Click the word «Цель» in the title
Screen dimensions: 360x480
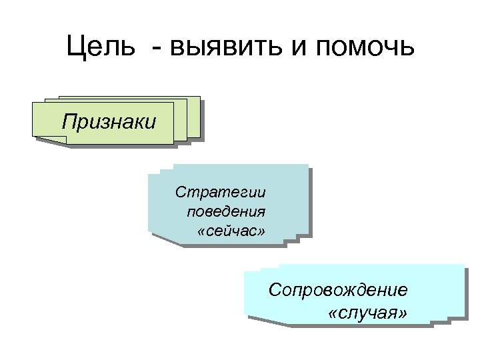[99, 48]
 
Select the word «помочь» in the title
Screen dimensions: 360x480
[363, 48]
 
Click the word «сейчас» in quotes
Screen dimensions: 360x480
[231, 232]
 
